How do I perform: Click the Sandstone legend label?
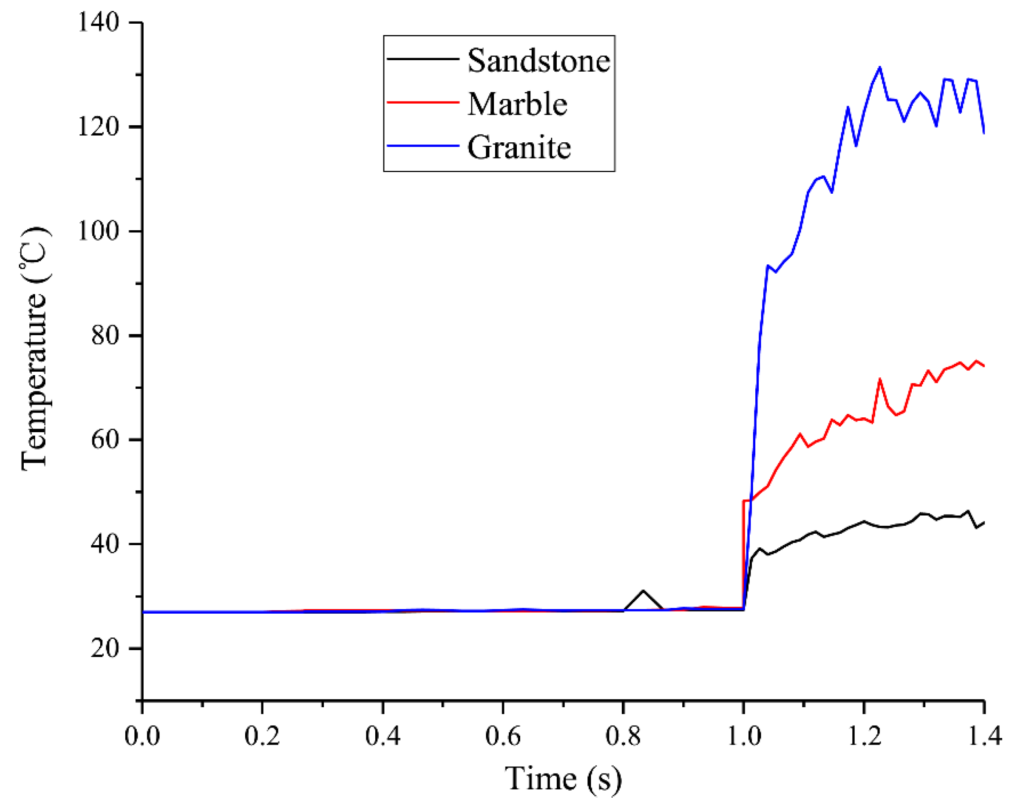click(x=539, y=61)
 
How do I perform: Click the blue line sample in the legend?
click(x=423, y=146)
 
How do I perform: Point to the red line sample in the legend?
click(x=423, y=102)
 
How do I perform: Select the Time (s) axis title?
click(x=563, y=780)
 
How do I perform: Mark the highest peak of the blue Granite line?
click(x=880, y=68)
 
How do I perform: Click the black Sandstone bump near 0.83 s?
click(x=643, y=591)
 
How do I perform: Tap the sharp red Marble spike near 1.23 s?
click(x=880, y=379)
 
